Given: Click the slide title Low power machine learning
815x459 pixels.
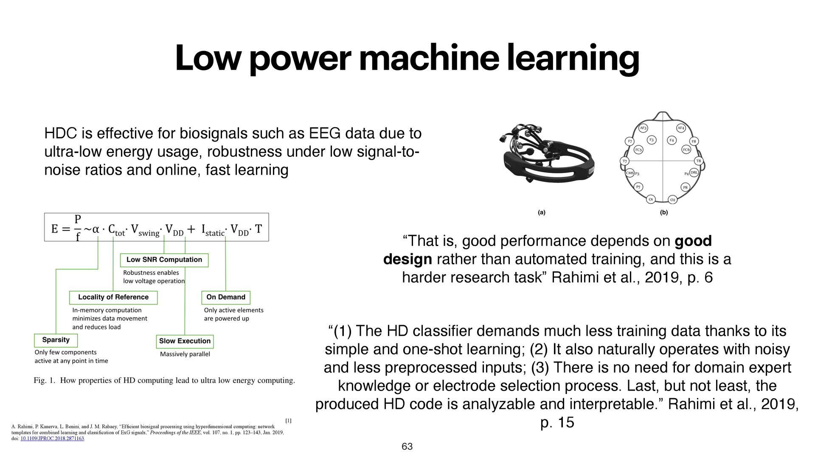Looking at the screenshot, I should click(x=407, y=58).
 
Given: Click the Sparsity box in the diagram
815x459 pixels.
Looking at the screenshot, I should click(x=56, y=340).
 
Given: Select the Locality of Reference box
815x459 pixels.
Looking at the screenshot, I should click(x=113, y=297).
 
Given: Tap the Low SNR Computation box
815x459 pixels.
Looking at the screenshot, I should click(x=164, y=260).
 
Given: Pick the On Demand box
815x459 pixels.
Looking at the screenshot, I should click(x=226, y=297).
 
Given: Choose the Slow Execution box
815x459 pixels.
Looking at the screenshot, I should click(x=185, y=341).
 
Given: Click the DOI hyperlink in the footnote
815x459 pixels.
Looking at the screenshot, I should click(x=52, y=439).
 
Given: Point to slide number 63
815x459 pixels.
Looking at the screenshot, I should click(x=407, y=446).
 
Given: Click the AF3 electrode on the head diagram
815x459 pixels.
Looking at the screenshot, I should click(x=643, y=128).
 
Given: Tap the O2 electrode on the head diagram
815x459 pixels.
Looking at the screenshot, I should click(x=672, y=200).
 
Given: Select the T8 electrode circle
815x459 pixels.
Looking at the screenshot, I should click(x=698, y=161).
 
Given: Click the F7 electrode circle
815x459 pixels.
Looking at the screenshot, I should click(x=630, y=142).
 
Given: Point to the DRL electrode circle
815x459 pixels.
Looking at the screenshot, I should click(x=694, y=173).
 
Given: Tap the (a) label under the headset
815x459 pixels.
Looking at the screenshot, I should click(x=542, y=212).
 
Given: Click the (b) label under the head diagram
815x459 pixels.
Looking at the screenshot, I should click(x=664, y=212).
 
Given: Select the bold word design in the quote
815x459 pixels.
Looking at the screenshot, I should click(x=407, y=259).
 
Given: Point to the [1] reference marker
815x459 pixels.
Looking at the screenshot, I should click(x=288, y=421).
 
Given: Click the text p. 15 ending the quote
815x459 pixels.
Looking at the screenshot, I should click(x=557, y=422).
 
